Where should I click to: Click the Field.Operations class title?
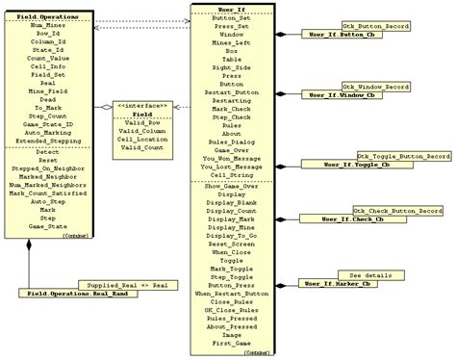click(47, 16)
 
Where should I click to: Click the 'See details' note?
click(370, 275)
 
